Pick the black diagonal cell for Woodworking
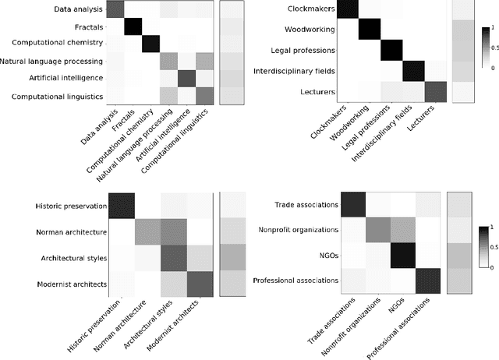point(373,30)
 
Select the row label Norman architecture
point(70,231)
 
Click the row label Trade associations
point(308,205)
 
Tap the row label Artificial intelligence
point(62,78)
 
